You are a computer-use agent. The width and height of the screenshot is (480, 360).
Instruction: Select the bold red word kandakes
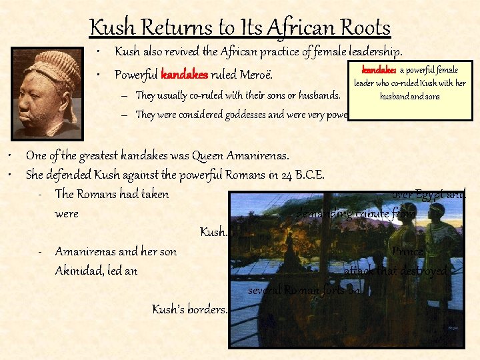[x=185, y=74]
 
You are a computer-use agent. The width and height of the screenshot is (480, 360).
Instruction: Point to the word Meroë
[x=255, y=74]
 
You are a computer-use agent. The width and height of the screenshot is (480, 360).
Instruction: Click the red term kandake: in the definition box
[x=379, y=69]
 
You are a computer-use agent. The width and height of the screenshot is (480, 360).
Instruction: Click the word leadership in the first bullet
[x=374, y=51]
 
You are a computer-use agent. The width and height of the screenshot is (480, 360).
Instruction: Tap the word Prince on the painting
[x=407, y=251]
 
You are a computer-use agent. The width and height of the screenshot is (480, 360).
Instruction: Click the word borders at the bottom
[x=206, y=309]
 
